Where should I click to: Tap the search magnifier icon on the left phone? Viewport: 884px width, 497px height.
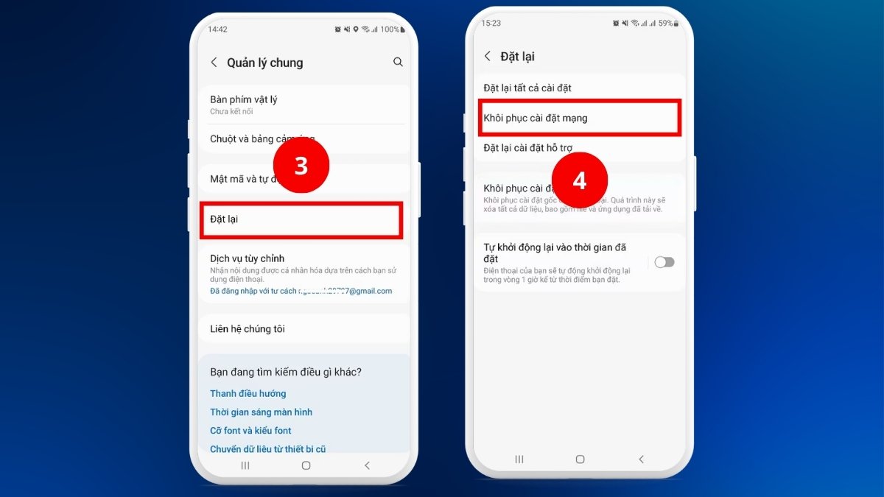click(x=398, y=63)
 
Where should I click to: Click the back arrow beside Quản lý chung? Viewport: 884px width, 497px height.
click(x=214, y=63)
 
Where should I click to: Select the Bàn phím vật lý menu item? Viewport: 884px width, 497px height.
click(x=244, y=99)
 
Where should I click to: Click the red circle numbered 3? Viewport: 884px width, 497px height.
click(x=301, y=166)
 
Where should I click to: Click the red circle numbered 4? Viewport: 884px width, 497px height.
click(x=580, y=180)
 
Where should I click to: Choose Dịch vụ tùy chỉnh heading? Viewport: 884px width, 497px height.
click(x=247, y=258)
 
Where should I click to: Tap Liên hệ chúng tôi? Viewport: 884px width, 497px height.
click(x=248, y=329)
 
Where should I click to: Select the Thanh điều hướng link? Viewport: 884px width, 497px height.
click(x=248, y=394)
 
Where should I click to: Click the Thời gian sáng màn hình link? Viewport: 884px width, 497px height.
click(x=262, y=412)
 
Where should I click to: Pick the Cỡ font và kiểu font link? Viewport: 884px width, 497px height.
click(x=250, y=431)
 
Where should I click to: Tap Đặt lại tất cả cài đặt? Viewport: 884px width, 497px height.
click(x=527, y=88)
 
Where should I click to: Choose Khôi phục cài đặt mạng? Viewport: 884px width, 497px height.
click(x=536, y=118)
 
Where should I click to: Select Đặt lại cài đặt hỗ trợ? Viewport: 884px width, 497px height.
click(x=528, y=148)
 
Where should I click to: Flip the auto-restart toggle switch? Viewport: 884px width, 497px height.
click(x=664, y=262)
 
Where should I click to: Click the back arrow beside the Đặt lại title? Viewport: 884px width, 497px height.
click(x=487, y=56)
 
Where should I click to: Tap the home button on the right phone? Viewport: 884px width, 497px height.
click(x=580, y=459)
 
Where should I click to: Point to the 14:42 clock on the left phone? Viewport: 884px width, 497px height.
click(x=217, y=29)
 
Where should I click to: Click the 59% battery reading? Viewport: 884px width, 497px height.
click(x=665, y=24)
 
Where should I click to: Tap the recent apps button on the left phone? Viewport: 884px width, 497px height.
click(x=245, y=465)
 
